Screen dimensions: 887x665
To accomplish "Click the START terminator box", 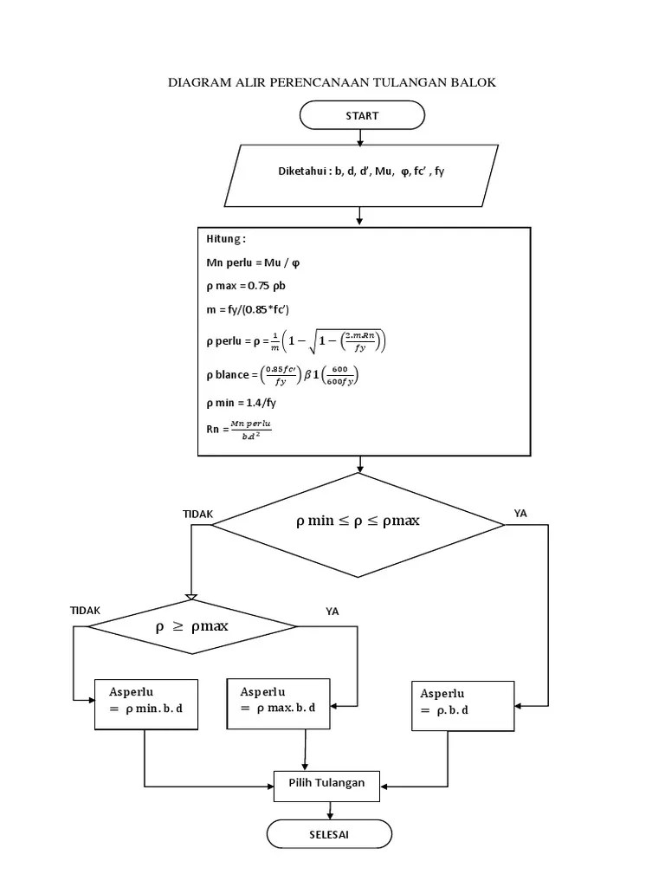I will (x=361, y=115).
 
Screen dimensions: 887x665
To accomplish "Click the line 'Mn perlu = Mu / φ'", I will (x=257, y=262).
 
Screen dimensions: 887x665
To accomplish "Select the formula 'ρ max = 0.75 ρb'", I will (x=251, y=286).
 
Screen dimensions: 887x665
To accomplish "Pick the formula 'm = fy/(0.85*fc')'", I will (x=259, y=311).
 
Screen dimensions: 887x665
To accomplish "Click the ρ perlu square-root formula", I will (x=296, y=342).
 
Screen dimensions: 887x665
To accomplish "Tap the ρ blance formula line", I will (x=282, y=375).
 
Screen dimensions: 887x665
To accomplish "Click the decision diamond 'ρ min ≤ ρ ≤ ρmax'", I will (x=358, y=522).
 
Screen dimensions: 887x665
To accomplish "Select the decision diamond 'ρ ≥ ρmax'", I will (x=191, y=627).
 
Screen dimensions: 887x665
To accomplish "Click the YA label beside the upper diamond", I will (x=520, y=514).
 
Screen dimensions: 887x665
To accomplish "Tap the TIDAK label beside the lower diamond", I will (x=85, y=611).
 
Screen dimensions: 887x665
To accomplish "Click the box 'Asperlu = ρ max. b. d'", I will (x=278, y=701).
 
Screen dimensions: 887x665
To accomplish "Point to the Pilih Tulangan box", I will (x=326, y=784).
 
